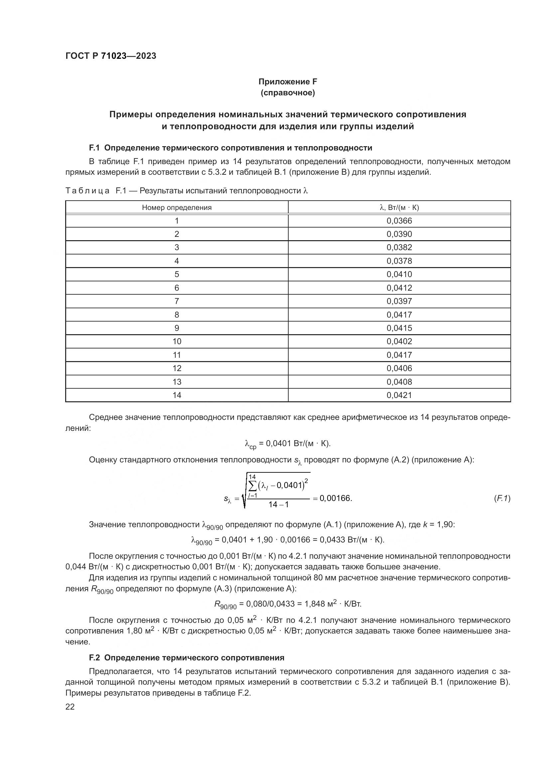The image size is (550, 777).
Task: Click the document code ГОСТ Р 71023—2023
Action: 111,56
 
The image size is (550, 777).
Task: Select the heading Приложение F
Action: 288,82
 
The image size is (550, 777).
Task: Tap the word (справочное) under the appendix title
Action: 288,93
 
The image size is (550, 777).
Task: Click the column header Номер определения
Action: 177,207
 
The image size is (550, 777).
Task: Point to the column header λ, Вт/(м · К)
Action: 399,207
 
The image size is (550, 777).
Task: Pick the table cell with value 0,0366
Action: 399,221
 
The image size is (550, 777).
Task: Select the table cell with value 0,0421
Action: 399,395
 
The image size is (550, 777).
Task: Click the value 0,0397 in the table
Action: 399,301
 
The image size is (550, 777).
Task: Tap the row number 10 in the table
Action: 177,341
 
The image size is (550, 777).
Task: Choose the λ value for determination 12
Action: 399,368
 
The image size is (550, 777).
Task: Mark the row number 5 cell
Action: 177,274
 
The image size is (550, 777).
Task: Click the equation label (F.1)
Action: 502,498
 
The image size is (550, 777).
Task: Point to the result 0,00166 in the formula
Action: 335,498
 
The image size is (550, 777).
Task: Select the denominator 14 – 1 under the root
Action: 278,505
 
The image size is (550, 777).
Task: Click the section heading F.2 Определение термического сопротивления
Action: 187,657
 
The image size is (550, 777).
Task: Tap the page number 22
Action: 70,707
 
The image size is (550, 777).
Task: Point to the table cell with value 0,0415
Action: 399,328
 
